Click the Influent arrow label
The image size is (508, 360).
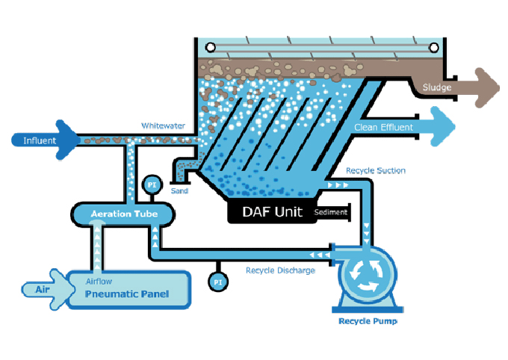pos(37,140)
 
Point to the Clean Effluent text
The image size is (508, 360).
pos(383,128)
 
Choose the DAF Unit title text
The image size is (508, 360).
pos(272,212)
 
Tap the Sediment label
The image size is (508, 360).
pos(331,213)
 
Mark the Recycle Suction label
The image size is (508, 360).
pos(376,171)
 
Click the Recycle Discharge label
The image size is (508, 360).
pos(280,270)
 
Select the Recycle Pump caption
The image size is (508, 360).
pos(368,322)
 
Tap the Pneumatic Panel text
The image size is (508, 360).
pos(126,294)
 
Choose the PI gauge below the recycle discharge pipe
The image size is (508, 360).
pos(217,282)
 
